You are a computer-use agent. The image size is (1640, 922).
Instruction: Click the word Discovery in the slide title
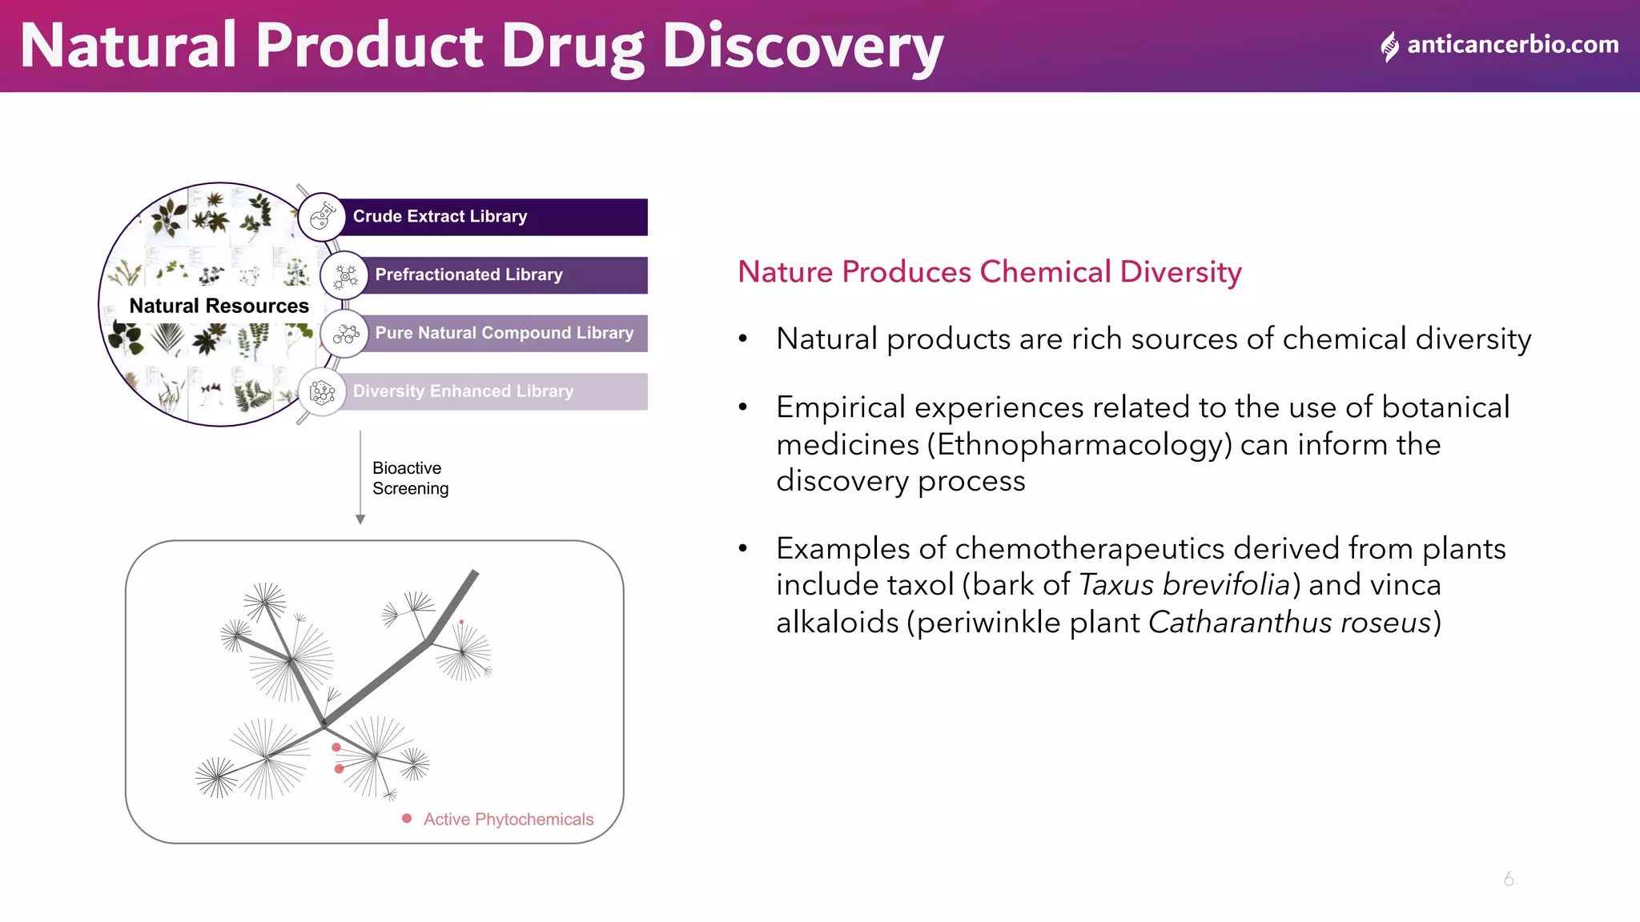tap(802, 46)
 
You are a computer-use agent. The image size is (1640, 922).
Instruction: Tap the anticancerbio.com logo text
tap(1512, 45)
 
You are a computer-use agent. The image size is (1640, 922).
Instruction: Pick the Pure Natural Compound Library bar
tap(504, 333)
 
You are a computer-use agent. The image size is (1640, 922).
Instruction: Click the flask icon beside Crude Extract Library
tap(322, 216)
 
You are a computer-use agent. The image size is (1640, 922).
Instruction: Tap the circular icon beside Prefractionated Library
tap(344, 275)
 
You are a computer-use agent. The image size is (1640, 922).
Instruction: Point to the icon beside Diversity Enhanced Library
tap(322, 392)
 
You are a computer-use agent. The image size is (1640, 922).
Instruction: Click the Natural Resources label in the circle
tap(219, 306)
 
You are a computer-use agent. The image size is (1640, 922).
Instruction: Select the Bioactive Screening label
tap(410, 478)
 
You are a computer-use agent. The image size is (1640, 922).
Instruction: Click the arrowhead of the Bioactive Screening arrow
tap(360, 519)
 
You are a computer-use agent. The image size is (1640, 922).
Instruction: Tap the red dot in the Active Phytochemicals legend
tap(407, 819)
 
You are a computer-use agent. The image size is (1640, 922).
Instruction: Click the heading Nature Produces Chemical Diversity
tap(989, 272)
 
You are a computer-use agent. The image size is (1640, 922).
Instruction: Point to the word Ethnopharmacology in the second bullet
tap(1079, 444)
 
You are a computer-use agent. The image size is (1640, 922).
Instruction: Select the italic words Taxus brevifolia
tap(1184, 585)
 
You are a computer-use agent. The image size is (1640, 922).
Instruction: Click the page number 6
tap(1509, 879)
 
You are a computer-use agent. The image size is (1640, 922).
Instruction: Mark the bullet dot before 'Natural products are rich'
tap(743, 339)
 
